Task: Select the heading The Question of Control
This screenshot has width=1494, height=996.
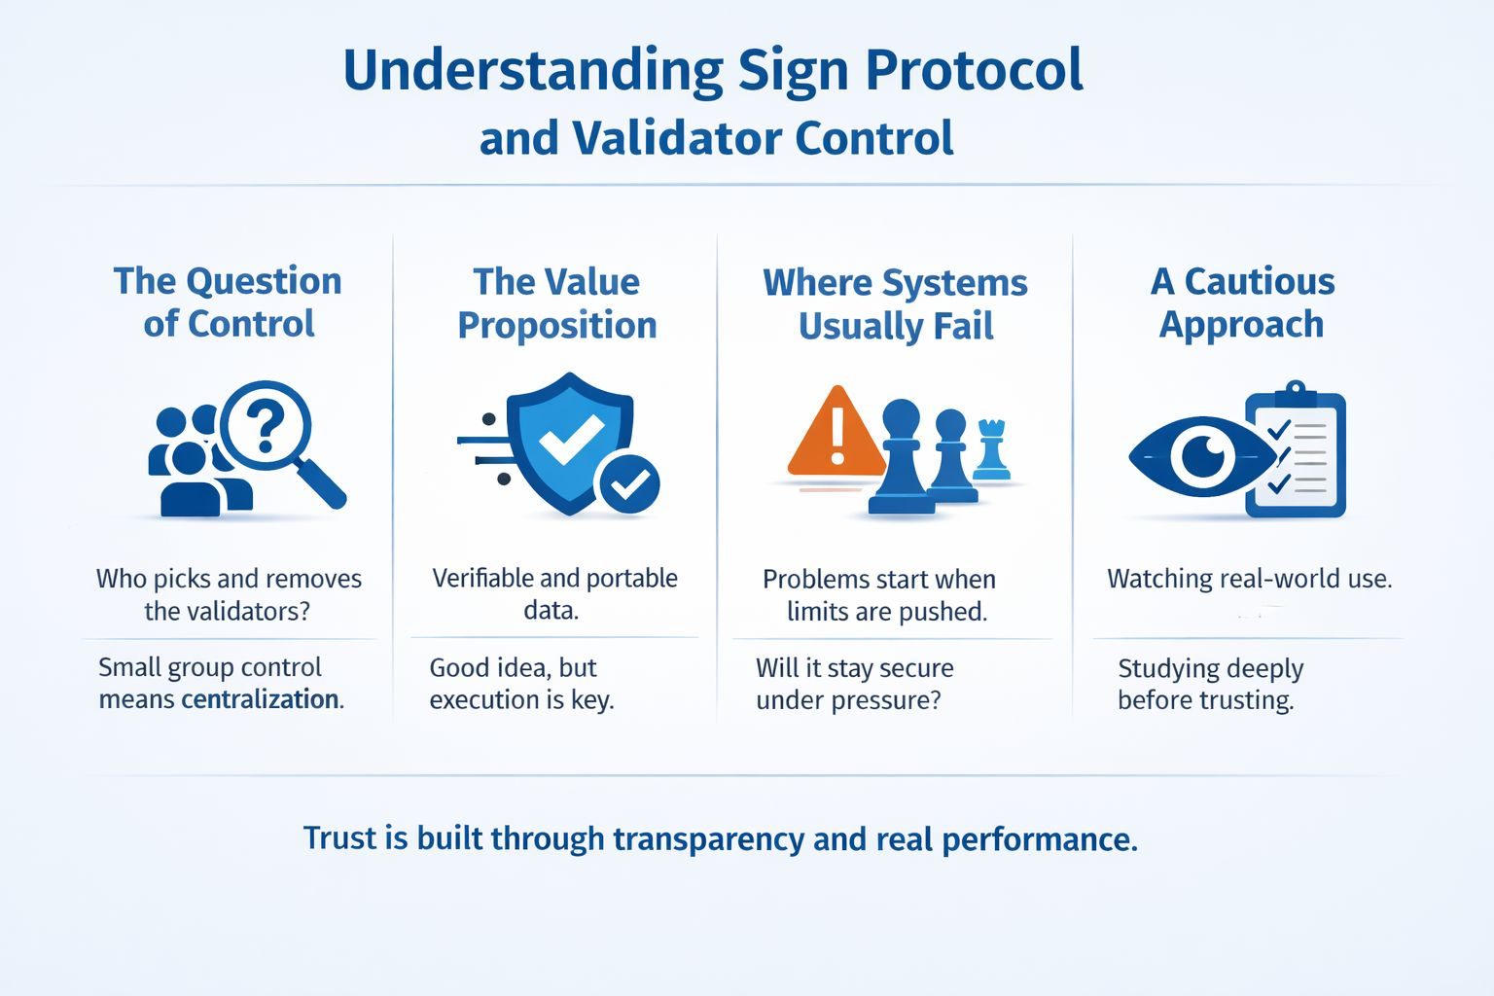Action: click(229, 302)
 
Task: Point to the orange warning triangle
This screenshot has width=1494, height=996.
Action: click(836, 434)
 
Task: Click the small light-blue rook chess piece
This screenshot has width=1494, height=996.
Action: click(991, 449)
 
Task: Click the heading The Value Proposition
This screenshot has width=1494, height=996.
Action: click(557, 302)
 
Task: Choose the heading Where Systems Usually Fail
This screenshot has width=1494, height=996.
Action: click(895, 303)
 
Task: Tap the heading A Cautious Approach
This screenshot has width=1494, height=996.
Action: click(1242, 302)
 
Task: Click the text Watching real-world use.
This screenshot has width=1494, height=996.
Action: click(1249, 579)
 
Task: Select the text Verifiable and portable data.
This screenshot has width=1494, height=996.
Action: click(554, 593)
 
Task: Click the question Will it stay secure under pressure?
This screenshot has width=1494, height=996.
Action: click(854, 684)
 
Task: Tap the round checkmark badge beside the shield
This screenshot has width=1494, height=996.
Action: click(629, 483)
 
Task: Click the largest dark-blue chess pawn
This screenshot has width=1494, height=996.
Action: click(901, 457)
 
